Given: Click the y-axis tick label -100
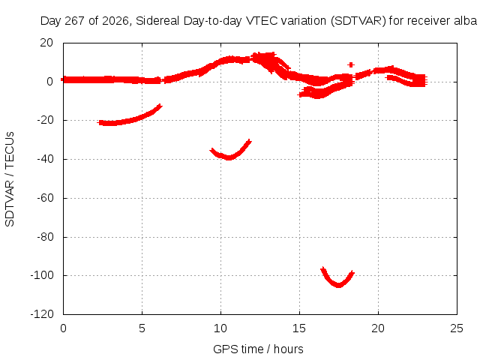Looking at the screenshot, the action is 42,275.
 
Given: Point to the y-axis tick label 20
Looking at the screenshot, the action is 46,43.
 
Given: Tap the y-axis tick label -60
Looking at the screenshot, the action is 45,198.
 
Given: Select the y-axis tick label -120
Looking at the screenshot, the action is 42,314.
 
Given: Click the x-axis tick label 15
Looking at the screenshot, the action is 299,328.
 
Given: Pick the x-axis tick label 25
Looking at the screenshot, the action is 457,328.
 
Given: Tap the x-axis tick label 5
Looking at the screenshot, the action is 142,328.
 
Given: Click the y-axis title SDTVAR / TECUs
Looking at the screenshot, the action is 10,179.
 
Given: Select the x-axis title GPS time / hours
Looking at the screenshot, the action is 258,349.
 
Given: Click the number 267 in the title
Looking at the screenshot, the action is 75,21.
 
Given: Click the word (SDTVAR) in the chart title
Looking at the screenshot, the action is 358,21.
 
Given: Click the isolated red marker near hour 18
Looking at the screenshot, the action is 351,64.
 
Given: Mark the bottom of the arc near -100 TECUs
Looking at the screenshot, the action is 338,286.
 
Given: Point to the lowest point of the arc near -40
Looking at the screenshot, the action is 229,158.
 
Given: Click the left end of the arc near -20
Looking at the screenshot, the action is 98,122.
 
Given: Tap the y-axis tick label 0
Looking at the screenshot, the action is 50,82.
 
